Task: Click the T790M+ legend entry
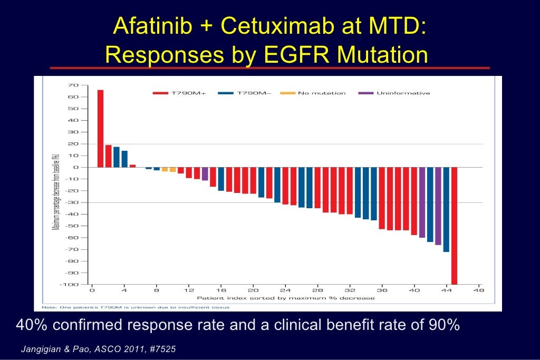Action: tap(179, 93)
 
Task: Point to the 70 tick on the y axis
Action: tap(73, 85)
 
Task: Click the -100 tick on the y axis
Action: tap(71, 285)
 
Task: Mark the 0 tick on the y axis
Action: tap(75, 167)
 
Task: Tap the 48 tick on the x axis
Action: tap(478, 290)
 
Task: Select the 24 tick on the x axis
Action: tap(285, 290)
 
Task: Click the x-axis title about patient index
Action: tap(290, 298)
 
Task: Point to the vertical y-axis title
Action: tap(55, 192)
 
